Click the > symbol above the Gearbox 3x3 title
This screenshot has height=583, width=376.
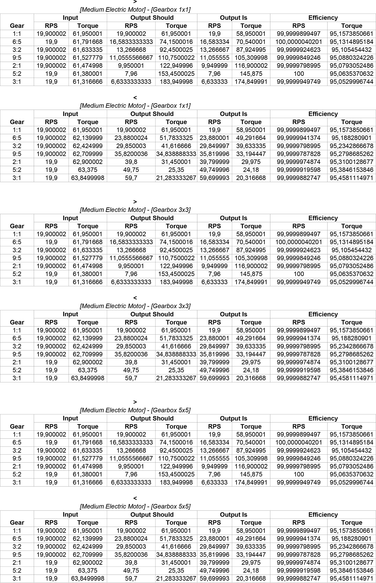pyautogui.click(x=135, y=202)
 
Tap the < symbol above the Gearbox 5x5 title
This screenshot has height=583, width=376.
pyautogui.click(x=135, y=498)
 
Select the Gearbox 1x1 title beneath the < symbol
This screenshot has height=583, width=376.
pyautogui.click(x=135, y=106)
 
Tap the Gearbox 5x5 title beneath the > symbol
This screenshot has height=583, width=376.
pyautogui.click(x=135, y=410)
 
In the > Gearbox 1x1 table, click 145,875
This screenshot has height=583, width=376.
pyautogui.click(x=251, y=74)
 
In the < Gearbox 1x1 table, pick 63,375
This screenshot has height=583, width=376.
pyautogui.click(x=88, y=170)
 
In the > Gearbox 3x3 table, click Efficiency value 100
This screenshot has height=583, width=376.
pyautogui.click(x=299, y=274)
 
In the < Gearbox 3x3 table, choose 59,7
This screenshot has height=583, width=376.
pyautogui.click(x=131, y=378)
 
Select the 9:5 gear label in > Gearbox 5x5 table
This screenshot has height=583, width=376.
pyautogui.click(x=17, y=458)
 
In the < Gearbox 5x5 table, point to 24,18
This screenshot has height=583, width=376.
pyautogui.click(x=251, y=570)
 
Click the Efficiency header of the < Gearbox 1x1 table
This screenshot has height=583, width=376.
pyautogui.click(x=323, y=114)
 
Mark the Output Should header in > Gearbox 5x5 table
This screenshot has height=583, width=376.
pyautogui.click(x=152, y=418)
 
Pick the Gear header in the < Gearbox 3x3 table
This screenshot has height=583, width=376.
pyautogui.click(x=17, y=322)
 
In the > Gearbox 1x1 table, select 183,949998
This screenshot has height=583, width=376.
pyautogui.click(x=176, y=82)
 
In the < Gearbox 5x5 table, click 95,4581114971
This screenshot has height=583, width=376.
pyautogui.click(x=351, y=579)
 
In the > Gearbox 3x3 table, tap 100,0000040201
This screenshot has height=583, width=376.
pyautogui.click(x=299, y=242)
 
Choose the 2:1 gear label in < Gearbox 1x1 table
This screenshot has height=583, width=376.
pyautogui.click(x=17, y=162)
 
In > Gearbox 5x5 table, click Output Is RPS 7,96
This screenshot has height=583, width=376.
pyautogui.click(x=214, y=474)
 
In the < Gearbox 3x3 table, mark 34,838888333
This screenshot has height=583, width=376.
pyautogui.click(x=176, y=354)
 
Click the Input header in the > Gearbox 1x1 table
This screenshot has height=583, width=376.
pyautogui.click(x=70, y=18)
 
